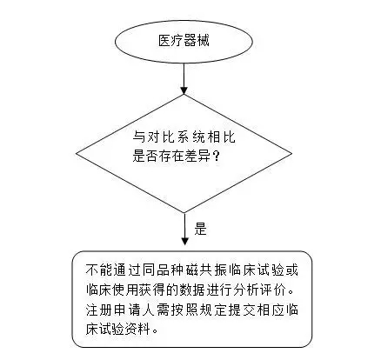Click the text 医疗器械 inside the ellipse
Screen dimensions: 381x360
(184, 41)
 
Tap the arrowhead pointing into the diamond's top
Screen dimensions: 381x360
(184, 90)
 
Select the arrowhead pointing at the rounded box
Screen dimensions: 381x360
(184, 241)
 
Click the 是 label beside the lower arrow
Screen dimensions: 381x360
(200, 229)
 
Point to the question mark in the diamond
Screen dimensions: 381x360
(216, 156)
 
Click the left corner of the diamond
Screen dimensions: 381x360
(77, 154)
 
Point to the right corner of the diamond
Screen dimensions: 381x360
(292, 154)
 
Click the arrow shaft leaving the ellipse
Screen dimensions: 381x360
(184, 75)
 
